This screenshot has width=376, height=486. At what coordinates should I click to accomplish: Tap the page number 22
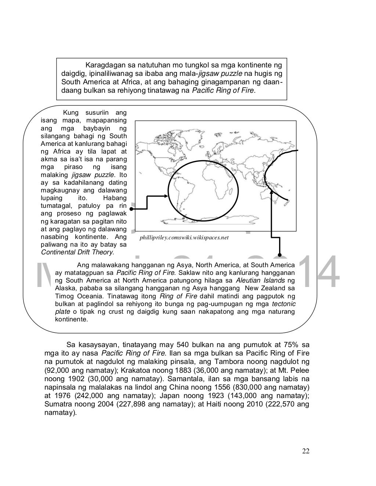(305, 451)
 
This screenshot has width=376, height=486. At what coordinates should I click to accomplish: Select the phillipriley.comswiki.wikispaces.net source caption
(184, 238)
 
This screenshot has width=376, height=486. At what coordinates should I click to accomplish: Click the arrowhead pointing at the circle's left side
(166, 197)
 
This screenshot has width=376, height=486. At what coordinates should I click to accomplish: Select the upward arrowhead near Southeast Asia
(272, 189)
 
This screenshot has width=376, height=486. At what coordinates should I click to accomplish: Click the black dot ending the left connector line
(131, 209)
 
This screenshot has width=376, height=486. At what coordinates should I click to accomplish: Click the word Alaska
(64, 288)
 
